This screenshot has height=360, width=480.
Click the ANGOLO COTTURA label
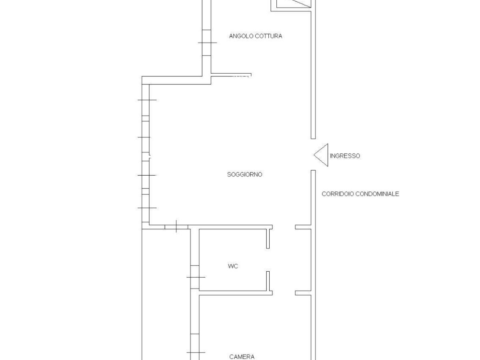(x=256, y=36)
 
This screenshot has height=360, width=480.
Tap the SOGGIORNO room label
(x=244, y=174)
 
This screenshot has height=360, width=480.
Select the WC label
(x=233, y=266)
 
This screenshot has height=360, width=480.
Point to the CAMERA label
(x=242, y=357)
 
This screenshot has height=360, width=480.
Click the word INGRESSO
(x=345, y=156)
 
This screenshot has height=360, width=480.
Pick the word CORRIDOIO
(x=337, y=194)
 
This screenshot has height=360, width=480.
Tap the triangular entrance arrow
(x=321, y=155)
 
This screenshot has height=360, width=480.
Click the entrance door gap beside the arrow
(x=313, y=154)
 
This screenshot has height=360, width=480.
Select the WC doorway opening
(x=268, y=260)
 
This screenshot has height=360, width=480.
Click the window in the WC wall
(x=195, y=277)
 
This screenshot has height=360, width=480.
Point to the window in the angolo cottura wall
(x=207, y=43)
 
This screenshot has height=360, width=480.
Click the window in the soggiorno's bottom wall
(x=176, y=227)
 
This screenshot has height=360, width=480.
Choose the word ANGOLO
(x=240, y=36)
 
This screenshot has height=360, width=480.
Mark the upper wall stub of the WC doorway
(x=268, y=239)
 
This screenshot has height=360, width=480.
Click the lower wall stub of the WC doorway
(x=268, y=281)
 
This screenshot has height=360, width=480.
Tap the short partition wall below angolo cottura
(x=231, y=75)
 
